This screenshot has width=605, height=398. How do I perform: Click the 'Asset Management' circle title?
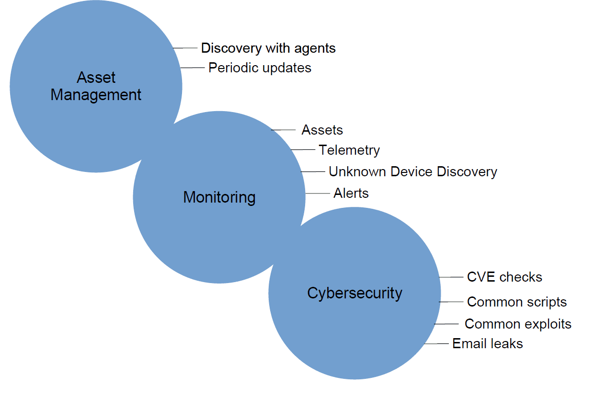point(96,86)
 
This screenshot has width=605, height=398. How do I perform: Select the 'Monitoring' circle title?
point(219,197)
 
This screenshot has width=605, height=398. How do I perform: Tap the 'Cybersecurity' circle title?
point(354,294)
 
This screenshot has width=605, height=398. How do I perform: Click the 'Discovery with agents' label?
point(268,48)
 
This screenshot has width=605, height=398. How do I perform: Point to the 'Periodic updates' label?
point(260,68)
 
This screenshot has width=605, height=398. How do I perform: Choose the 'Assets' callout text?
point(322,130)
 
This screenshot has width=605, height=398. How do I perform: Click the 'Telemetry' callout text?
point(349,150)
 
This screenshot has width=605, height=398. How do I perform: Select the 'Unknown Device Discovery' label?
point(413,172)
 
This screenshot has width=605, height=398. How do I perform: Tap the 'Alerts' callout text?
point(351,193)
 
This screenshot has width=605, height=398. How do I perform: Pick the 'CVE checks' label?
point(504,277)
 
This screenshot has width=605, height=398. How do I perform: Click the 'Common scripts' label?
point(517,302)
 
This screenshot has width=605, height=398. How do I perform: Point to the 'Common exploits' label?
point(518,324)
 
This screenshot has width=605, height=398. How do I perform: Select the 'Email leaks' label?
point(488,344)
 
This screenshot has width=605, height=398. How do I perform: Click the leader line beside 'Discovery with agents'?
point(185,48)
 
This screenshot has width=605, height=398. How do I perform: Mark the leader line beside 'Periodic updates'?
point(193,68)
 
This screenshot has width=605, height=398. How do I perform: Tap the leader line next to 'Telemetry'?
point(303,149)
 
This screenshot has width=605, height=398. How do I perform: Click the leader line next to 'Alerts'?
point(318,193)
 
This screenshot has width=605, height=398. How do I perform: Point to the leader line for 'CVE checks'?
point(451,277)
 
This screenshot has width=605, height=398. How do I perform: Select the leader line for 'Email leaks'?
point(436,344)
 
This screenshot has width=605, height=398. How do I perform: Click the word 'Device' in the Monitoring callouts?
point(412,172)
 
